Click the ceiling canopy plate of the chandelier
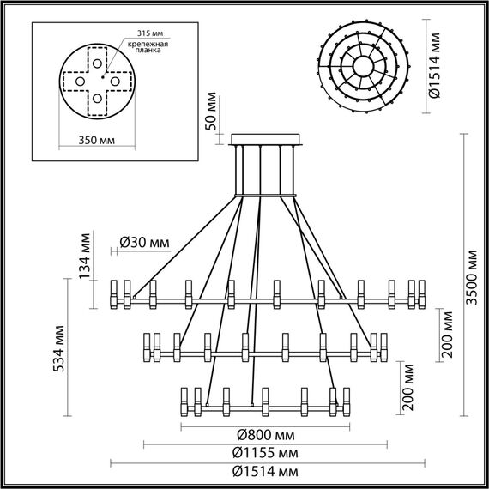266,139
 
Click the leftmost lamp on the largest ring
117,293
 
